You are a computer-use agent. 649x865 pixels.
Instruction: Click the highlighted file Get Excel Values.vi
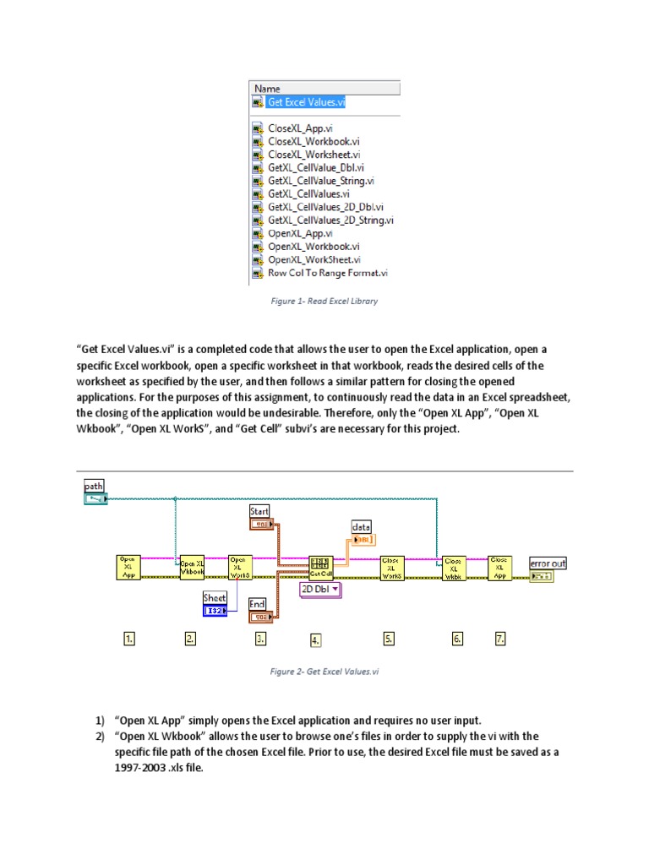[306, 102]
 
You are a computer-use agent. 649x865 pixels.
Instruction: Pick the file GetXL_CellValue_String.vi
[320, 181]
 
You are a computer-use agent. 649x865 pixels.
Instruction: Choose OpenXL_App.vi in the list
[300, 233]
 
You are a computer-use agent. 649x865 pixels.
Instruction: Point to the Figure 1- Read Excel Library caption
[324, 302]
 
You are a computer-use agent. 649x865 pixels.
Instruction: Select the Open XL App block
[128, 566]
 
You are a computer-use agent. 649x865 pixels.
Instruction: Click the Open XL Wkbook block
[193, 566]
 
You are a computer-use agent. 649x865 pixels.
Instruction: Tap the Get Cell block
[320, 566]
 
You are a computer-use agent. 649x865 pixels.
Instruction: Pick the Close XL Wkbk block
[454, 566]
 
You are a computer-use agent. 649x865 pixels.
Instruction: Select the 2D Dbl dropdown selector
[320, 590]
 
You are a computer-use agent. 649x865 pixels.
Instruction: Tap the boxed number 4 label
[315, 640]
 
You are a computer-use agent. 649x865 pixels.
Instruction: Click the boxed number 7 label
[500, 639]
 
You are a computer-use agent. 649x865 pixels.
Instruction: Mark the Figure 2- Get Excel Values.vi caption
[324, 672]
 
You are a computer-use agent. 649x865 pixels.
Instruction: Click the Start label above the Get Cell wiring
[259, 512]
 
